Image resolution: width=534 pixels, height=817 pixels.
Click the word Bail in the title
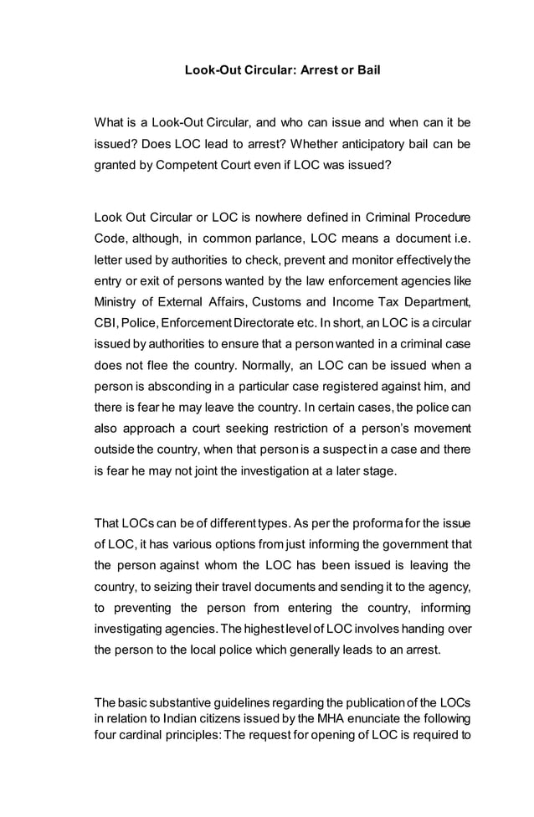[367, 70]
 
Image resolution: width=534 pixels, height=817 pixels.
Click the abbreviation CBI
[105, 320]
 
